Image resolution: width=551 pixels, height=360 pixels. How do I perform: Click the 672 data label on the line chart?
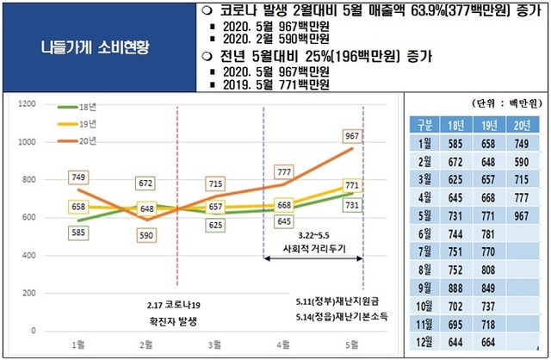pyautogui.click(x=146, y=183)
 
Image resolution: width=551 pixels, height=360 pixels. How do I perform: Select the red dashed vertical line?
pyautogui.click(x=176, y=198)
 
